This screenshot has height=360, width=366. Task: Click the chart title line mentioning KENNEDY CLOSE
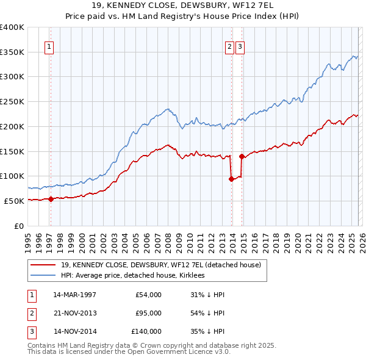coord(183,7)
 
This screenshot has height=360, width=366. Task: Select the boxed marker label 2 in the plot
coord(229,46)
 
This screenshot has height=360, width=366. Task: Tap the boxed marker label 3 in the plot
coord(240,46)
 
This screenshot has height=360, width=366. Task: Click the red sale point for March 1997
coord(51,198)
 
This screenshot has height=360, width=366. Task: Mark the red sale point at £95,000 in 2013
coord(231,179)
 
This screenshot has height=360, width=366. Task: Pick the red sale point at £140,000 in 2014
coord(242,156)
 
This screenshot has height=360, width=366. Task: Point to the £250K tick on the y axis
coord(12,101)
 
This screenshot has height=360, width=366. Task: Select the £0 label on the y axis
coord(20,226)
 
